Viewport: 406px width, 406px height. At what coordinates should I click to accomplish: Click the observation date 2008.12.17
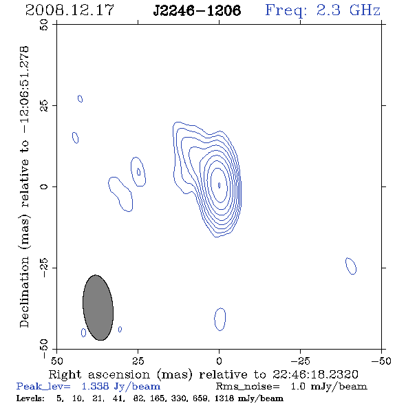pyautogui.click(x=70, y=10)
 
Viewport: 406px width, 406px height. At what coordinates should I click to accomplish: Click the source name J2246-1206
pyautogui.click(x=197, y=11)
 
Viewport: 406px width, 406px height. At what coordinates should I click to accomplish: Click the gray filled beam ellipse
pyautogui.click(x=98, y=308)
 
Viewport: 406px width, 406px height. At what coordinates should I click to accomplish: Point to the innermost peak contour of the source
pyautogui.click(x=220, y=185)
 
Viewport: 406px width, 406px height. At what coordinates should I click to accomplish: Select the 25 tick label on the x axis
pyautogui.click(x=138, y=361)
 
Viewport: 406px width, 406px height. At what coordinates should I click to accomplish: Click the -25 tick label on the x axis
pyautogui.click(x=300, y=361)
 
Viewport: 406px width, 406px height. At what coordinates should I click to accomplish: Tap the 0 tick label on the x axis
pyautogui.click(x=219, y=361)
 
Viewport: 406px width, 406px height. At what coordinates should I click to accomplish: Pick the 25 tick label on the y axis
pyautogui.click(x=44, y=106)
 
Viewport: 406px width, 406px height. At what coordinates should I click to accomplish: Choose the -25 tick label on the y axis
pyautogui.click(x=44, y=268)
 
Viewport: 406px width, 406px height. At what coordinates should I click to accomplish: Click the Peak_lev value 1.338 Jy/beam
pyautogui.click(x=121, y=386)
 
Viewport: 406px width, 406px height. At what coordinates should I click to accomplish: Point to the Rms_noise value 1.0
pyautogui.click(x=299, y=386)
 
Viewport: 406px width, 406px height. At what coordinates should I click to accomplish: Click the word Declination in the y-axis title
pyautogui.click(x=24, y=292)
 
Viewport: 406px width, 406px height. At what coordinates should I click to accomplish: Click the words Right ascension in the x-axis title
pyautogui.click(x=99, y=374)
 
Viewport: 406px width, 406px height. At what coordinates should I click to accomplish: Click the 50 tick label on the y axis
pyautogui.click(x=44, y=25)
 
